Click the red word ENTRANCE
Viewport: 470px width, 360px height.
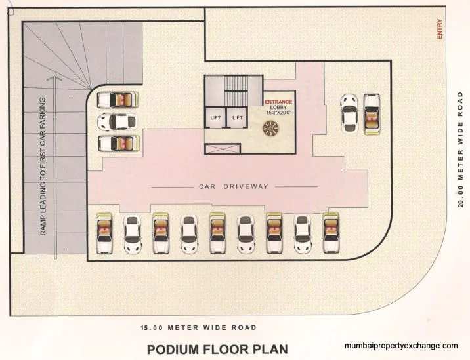pyautogui.click(x=278, y=102)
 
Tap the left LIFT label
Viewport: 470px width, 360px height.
pyautogui.click(x=215, y=117)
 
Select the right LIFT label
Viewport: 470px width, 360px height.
pyautogui.click(x=237, y=117)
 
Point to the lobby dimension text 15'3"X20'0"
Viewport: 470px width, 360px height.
pyautogui.click(x=278, y=113)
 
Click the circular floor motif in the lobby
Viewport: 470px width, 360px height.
pyautogui.click(x=271, y=130)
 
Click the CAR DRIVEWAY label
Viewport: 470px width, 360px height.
pyautogui.click(x=234, y=187)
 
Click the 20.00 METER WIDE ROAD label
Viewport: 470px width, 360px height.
pyautogui.click(x=461, y=150)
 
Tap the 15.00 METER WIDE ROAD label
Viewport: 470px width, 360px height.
pyautogui.click(x=198, y=327)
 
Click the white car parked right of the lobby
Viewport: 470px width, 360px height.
pyautogui.click(x=349, y=113)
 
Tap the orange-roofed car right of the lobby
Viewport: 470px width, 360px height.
pyautogui.click(x=372, y=113)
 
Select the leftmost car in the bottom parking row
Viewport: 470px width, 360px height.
pyautogui.click(x=104, y=234)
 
